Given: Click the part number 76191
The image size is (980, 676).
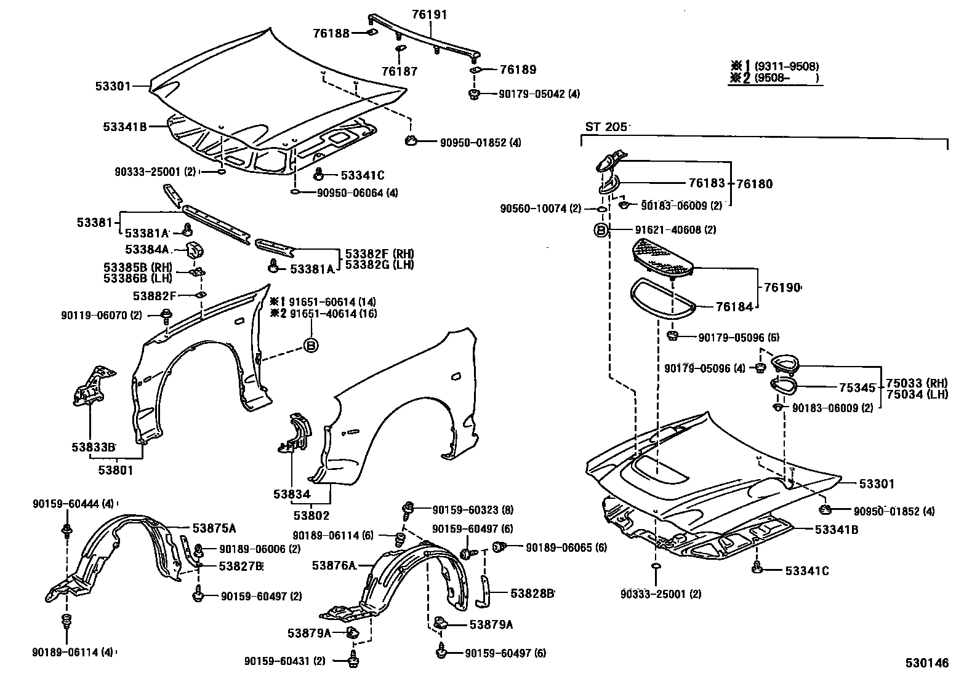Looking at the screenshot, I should [429, 14].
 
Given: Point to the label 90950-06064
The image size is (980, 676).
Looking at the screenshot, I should [351, 193].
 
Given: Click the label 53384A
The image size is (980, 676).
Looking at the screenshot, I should [146, 249].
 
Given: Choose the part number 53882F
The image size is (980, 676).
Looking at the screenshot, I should [155, 296].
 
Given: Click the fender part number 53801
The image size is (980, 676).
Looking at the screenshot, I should [115, 471].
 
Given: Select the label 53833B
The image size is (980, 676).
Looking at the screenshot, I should [93, 447].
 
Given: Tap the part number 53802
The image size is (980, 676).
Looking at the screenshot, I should [311, 515].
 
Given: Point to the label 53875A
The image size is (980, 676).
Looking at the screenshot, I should [214, 528].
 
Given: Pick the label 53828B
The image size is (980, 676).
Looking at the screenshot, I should [532, 593].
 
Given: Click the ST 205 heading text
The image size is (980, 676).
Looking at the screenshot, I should [606, 127].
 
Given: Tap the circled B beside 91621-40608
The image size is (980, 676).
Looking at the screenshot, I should [601, 230].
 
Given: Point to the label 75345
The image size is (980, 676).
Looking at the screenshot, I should [857, 388].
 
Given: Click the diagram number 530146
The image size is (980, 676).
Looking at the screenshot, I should [926, 663].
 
